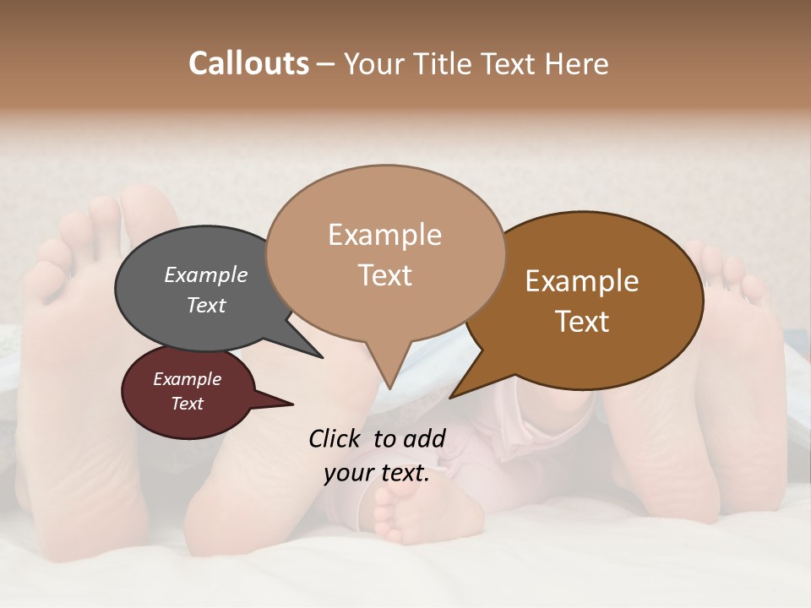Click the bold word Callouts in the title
pos(248,63)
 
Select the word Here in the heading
pos(578,63)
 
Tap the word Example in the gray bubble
pos(205,274)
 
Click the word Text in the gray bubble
pos(205,305)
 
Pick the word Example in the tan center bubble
pos(384,234)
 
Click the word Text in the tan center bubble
pos(384,274)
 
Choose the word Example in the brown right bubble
pos(582,280)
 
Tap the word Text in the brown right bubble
pos(582,321)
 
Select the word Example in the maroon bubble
pos(187,379)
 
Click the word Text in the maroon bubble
pos(187,404)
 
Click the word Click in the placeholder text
pos(335,438)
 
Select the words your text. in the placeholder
pos(376,473)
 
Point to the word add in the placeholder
pos(424,438)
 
